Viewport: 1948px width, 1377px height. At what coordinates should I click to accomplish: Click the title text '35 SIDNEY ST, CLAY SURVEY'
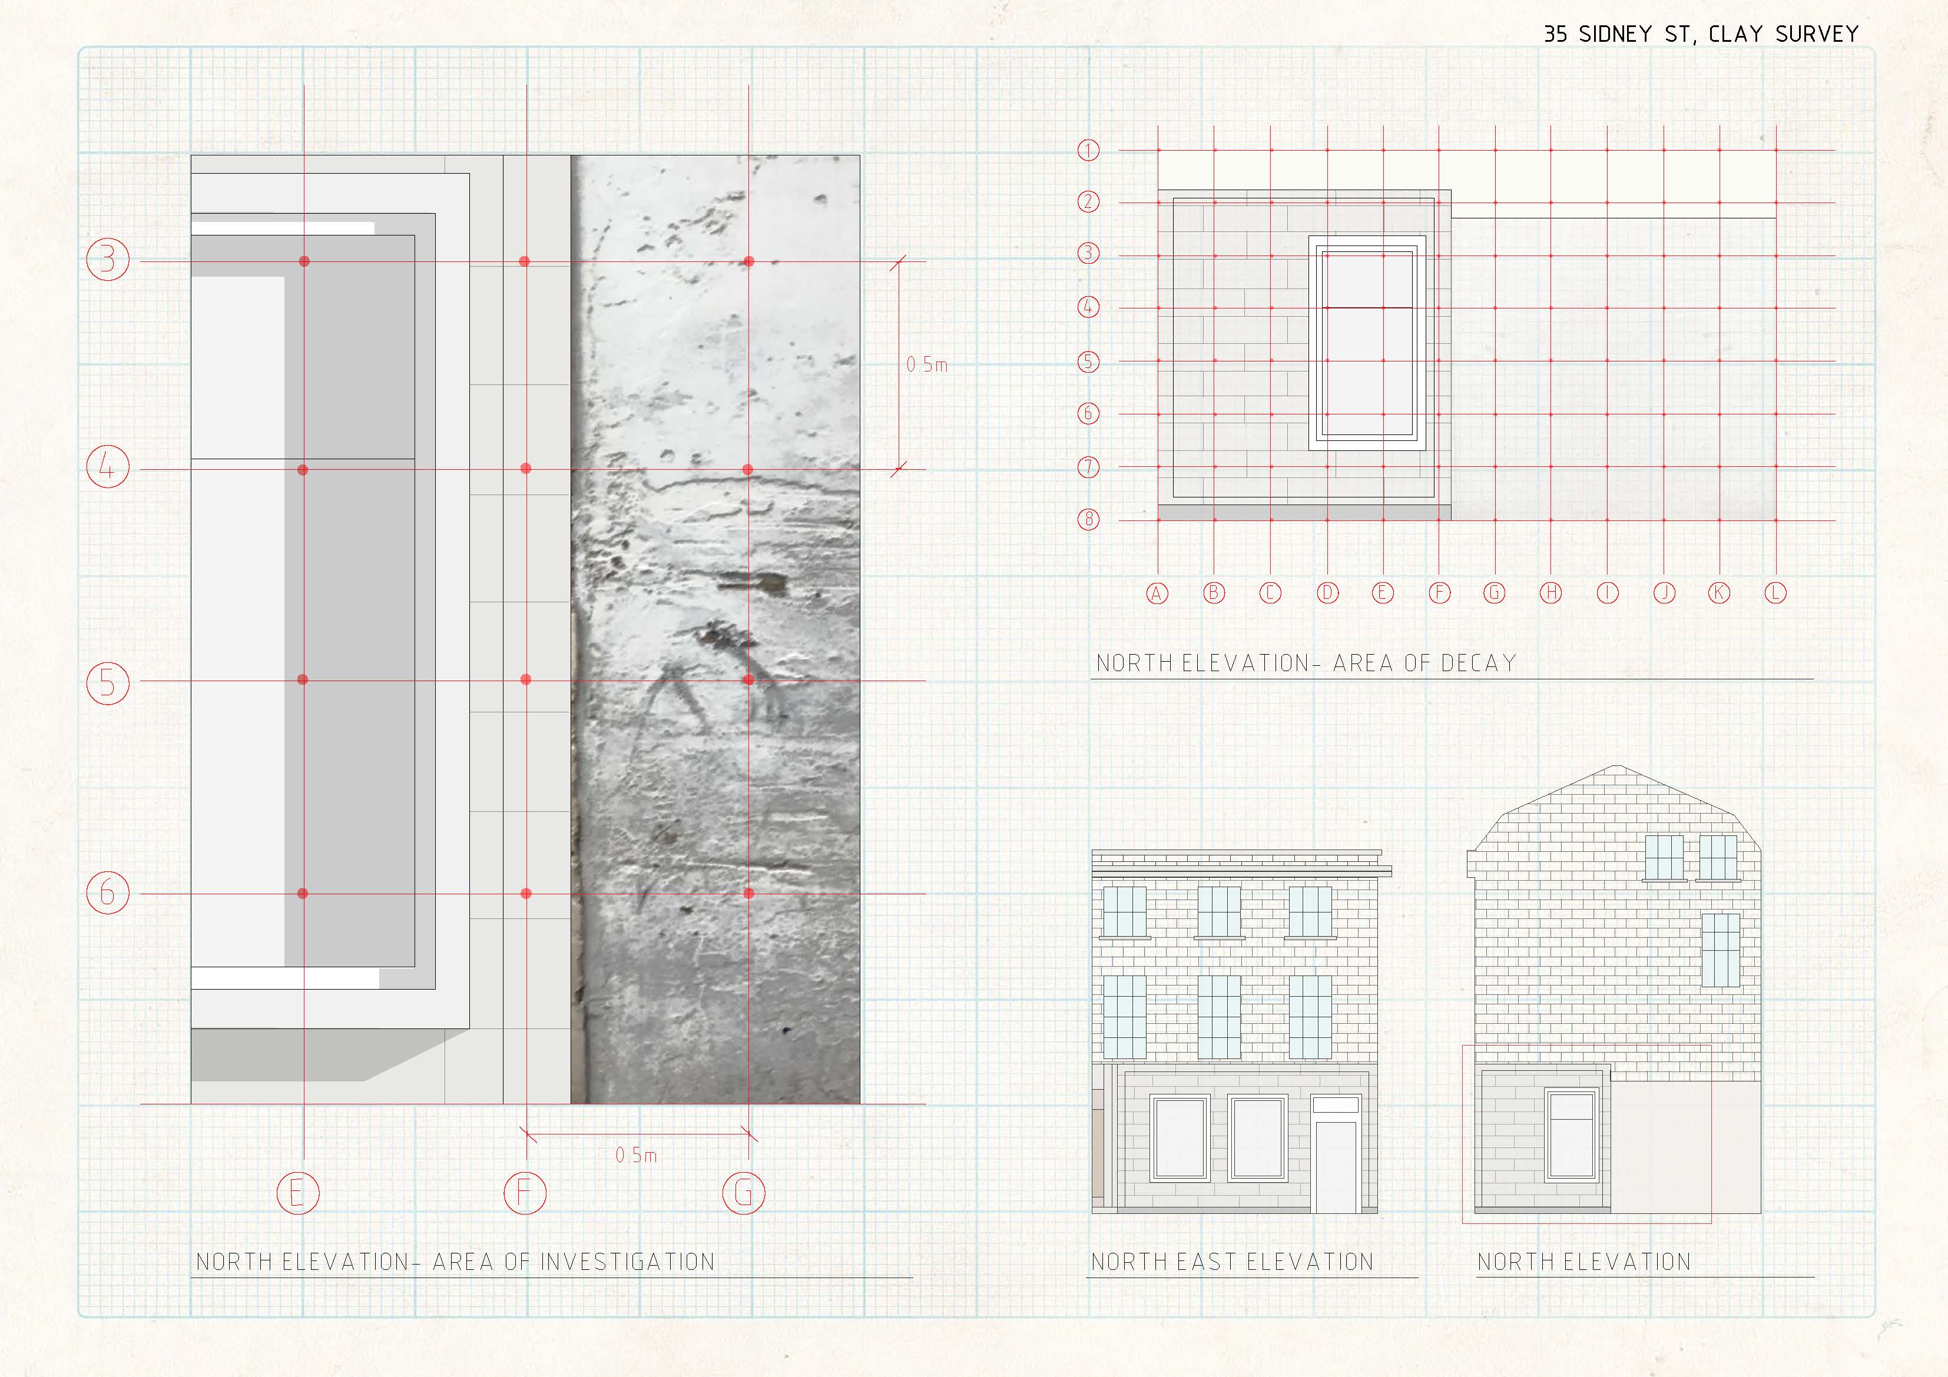pos(1700,34)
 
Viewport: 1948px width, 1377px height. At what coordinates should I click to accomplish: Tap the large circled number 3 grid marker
pos(108,259)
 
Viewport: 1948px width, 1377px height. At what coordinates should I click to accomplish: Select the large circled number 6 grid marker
pos(108,892)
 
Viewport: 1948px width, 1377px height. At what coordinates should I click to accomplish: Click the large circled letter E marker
pos(298,1193)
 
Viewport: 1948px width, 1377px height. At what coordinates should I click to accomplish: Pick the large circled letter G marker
pos(743,1193)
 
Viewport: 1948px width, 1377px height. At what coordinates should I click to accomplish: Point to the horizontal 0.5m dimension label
pos(637,1154)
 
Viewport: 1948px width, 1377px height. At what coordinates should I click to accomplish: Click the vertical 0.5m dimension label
pos(926,365)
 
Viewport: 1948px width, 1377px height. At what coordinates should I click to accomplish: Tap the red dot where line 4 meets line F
pos(526,469)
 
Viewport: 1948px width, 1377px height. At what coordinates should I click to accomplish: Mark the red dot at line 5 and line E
pos(303,679)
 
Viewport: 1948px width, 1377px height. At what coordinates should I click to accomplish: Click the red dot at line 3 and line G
pos(748,261)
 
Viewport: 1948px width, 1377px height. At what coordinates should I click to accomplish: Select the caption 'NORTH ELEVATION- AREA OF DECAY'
pos(1306,663)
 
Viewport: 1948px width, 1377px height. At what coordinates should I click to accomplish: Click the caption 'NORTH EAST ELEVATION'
pos(1232,1262)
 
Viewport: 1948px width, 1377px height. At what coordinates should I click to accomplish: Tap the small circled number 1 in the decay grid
pos(1089,150)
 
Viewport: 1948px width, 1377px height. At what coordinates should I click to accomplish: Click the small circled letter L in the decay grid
pos(1776,593)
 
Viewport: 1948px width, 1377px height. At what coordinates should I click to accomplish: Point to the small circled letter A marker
pos(1157,593)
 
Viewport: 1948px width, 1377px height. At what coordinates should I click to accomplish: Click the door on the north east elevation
pos(1336,1167)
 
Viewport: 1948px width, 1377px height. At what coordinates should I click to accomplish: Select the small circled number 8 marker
pos(1089,519)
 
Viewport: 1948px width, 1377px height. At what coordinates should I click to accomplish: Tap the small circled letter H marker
pos(1551,593)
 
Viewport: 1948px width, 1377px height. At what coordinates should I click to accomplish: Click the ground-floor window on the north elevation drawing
pos(1571,1136)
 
